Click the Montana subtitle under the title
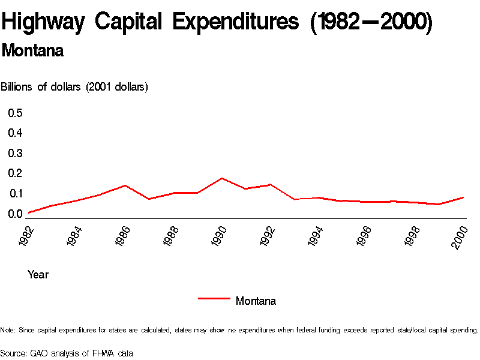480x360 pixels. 32,51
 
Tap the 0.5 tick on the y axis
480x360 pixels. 15,113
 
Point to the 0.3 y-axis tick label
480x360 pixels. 15,153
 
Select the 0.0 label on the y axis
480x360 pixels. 15,214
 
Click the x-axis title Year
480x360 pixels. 38,275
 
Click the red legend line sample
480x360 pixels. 214,298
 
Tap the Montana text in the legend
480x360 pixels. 256,301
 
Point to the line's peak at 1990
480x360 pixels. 222,178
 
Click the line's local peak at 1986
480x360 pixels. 125,185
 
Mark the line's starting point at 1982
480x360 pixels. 28,212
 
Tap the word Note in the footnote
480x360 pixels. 8,330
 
